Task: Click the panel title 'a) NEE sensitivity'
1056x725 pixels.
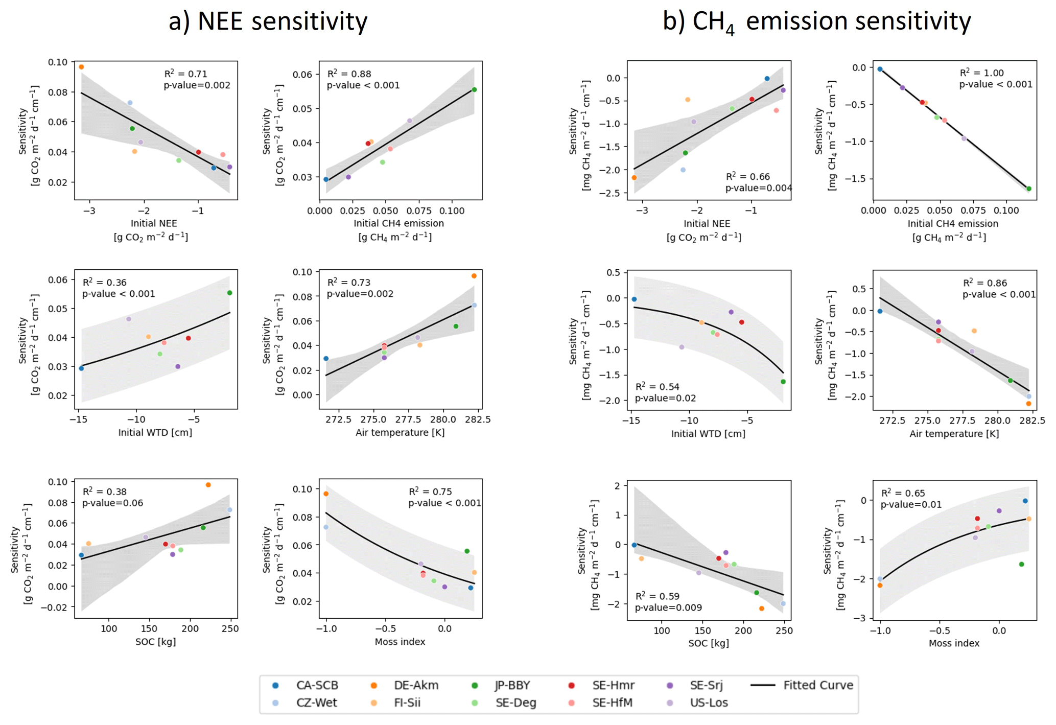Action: click(x=268, y=21)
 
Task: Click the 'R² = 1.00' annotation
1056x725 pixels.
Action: click(x=981, y=73)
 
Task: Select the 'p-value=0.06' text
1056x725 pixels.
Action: click(x=112, y=503)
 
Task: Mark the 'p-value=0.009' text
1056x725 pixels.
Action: click(x=668, y=607)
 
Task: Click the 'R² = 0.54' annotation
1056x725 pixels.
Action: click(x=657, y=387)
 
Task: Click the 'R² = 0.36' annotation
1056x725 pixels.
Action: click(x=104, y=283)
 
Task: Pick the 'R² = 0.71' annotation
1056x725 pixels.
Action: click(x=185, y=74)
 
